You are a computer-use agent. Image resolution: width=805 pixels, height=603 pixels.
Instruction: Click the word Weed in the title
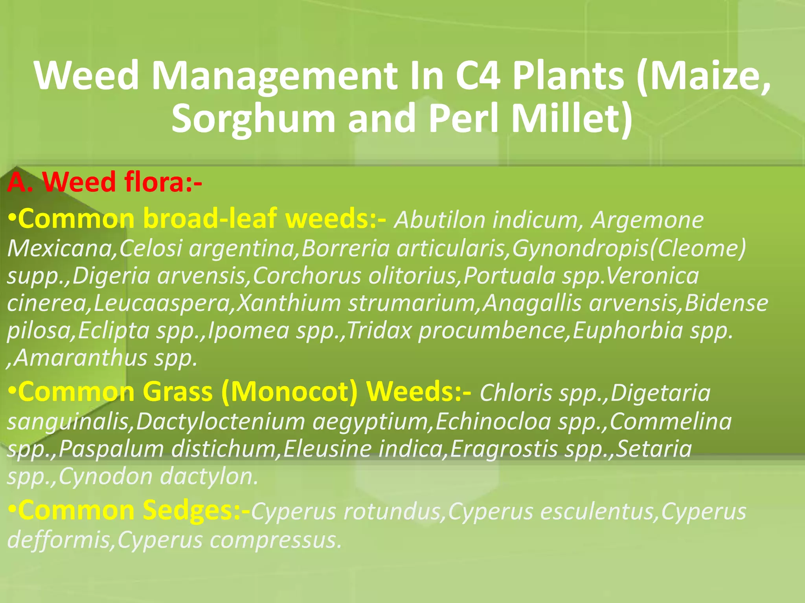click(x=86, y=75)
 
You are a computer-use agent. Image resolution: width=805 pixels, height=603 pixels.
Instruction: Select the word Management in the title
click(x=275, y=75)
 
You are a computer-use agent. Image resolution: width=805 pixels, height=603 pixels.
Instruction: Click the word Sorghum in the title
click(x=253, y=119)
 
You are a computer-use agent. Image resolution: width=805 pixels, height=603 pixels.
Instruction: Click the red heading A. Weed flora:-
click(x=105, y=182)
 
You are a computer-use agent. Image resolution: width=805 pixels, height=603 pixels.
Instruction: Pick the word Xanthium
click(x=289, y=303)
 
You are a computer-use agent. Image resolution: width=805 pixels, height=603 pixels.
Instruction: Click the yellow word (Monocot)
click(x=289, y=392)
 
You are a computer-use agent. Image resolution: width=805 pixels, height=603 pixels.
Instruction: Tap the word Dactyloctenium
click(x=221, y=422)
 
